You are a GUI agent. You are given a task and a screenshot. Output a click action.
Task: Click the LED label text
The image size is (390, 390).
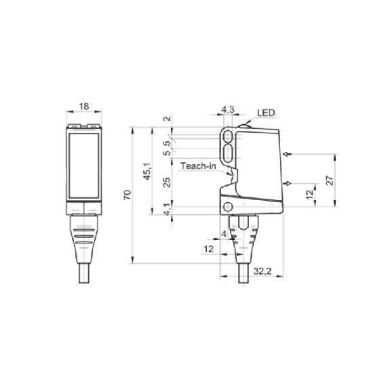pyautogui.click(x=266, y=113)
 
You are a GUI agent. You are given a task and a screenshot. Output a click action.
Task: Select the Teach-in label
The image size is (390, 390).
pyautogui.click(x=198, y=166)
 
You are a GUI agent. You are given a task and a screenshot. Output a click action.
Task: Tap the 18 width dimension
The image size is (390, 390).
pyautogui.click(x=84, y=106)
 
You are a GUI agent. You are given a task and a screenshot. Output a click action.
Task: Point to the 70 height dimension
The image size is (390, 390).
pyautogui.click(x=128, y=195)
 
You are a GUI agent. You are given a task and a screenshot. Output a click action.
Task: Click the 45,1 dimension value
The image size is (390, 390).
pyautogui.click(x=147, y=171)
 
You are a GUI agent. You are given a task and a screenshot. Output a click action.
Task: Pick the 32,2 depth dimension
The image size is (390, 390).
pyautogui.click(x=262, y=271)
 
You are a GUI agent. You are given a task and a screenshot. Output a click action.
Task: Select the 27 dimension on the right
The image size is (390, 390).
pyautogui.click(x=330, y=180)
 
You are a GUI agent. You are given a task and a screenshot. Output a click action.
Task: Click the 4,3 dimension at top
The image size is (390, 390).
pyautogui.click(x=228, y=109)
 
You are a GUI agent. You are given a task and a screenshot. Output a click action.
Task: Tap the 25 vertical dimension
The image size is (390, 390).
pyautogui.click(x=167, y=182)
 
